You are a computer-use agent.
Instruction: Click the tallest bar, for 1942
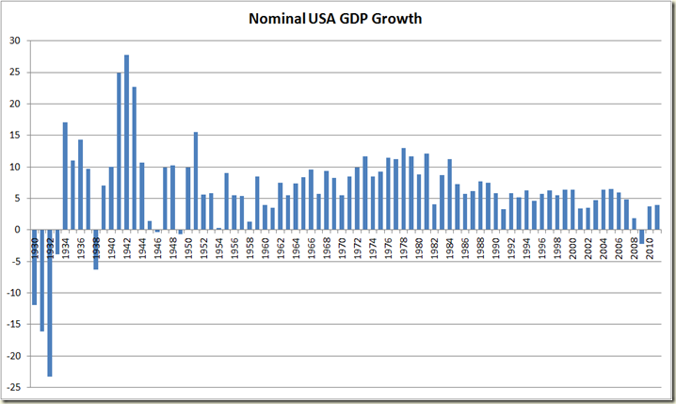coord(126,142)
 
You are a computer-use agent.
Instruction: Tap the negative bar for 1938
coord(96,250)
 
